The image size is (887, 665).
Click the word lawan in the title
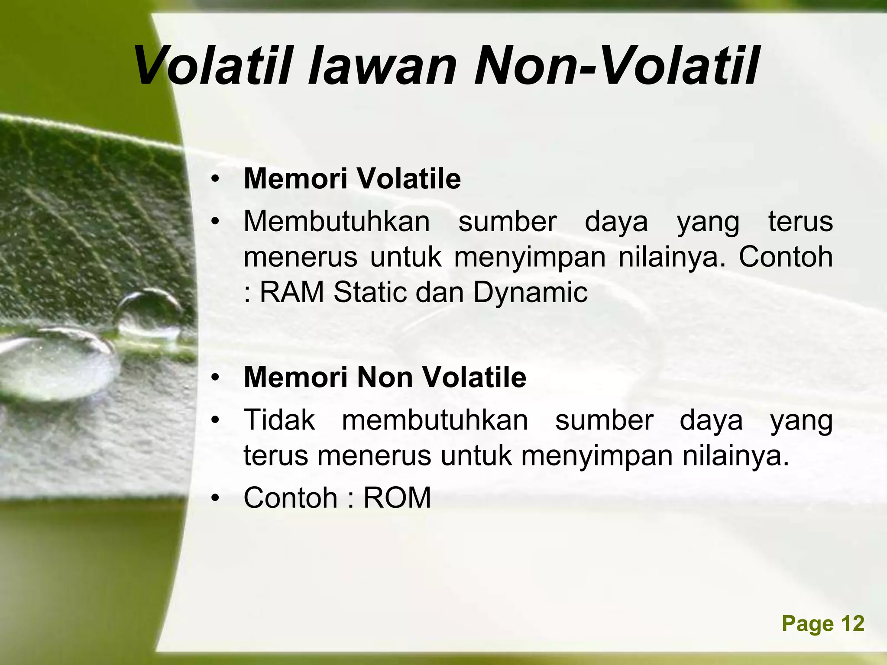382,66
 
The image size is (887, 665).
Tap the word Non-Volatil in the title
615,66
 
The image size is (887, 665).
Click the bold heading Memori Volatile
352,178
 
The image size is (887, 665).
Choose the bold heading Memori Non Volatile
385,377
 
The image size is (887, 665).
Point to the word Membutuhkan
337,222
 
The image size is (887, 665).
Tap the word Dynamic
530,293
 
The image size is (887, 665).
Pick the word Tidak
279,420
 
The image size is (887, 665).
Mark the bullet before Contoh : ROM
216,498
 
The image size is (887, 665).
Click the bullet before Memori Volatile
216,179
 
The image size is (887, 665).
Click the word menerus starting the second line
300,257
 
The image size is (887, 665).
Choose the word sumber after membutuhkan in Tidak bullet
604,420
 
